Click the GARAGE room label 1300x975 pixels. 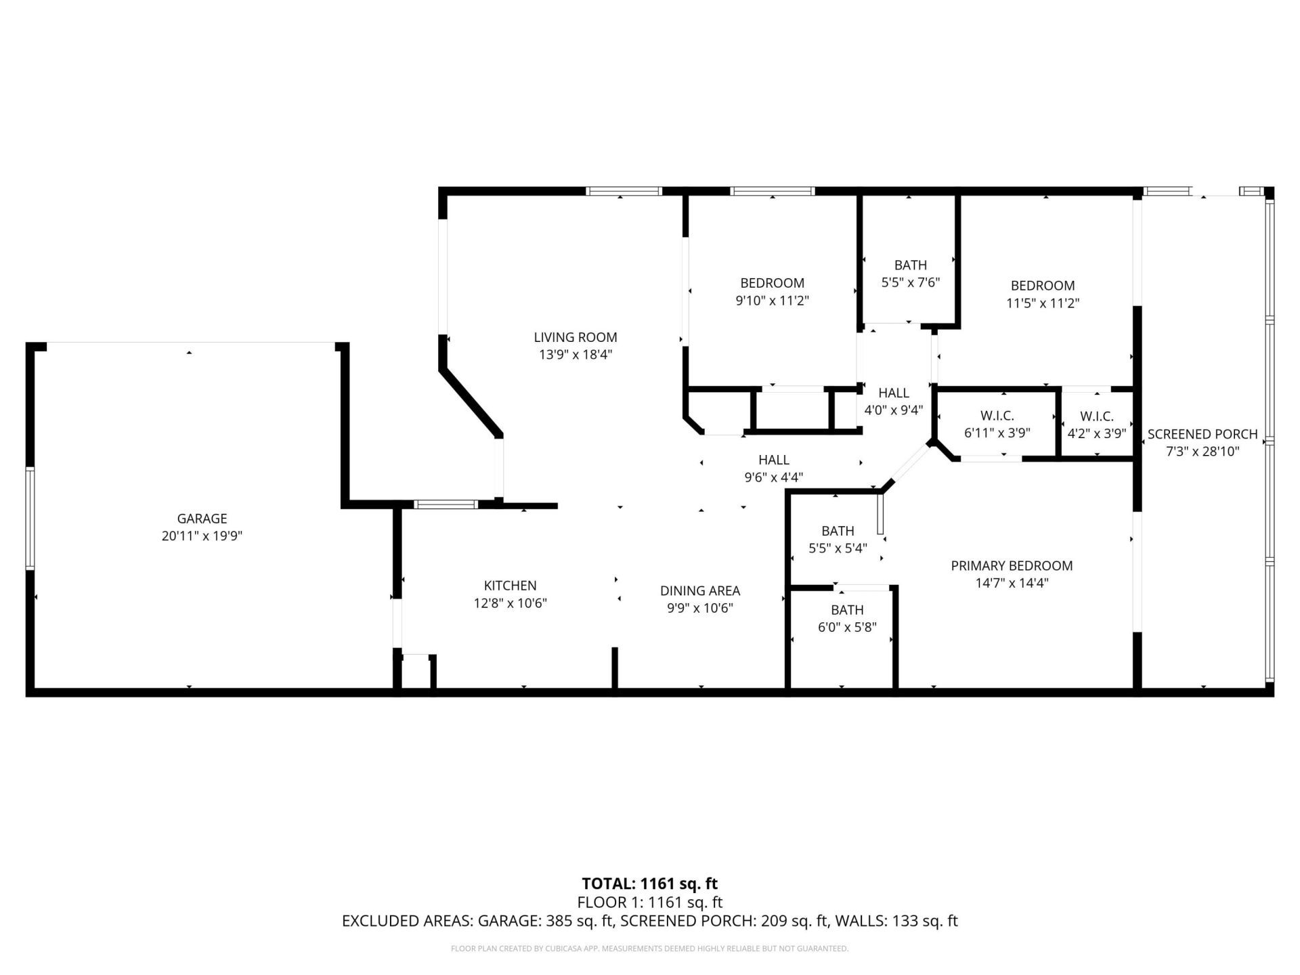tap(201, 519)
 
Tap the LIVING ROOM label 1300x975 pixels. tap(575, 337)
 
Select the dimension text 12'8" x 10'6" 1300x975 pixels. tap(510, 603)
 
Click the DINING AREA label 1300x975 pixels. tap(699, 591)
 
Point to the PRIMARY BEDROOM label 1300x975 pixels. tap(1011, 566)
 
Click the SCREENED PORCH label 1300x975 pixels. tap(1202, 434)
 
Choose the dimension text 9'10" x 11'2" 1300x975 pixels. tap(772, 301)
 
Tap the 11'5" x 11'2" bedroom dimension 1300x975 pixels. tap(1042, 303)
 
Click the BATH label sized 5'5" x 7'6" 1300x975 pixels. tap(910, 265)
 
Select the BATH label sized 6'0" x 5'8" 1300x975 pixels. tap(847, 610)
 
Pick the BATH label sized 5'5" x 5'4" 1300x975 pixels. tap(838, 531)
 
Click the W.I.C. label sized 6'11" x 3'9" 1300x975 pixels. tap(997, 416)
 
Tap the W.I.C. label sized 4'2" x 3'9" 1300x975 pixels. tap(1096, 416)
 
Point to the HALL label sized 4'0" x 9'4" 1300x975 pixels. tap(893, 393)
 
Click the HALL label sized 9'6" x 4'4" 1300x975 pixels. tap(773, 460)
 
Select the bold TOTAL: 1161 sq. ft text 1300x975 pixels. tap(649, 884)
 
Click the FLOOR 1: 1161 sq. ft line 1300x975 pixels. tap(649, 903)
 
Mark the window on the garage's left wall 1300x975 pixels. tap(30, 517)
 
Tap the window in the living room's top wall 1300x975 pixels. tap(623, 192)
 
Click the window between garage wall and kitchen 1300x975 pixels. tap(445, 504)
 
